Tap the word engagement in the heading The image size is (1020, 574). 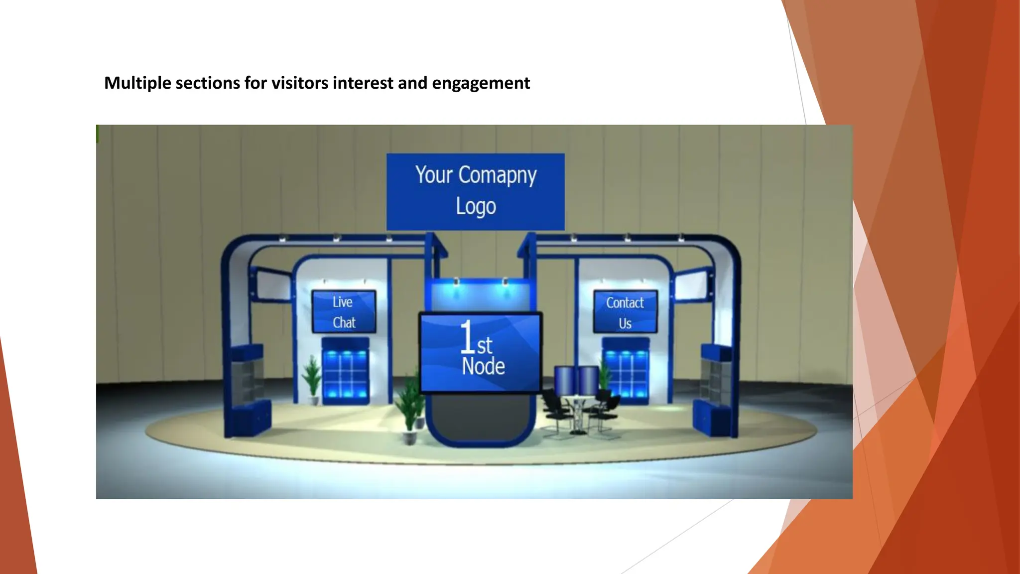pos(481,83)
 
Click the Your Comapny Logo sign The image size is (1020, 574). pos(476,191)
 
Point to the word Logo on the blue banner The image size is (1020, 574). pos(476,206)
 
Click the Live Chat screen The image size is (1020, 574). pos(344,312)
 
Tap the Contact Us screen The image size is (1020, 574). pos(625,312)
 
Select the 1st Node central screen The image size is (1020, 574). pos(481,352)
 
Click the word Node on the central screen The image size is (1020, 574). pos(483,367)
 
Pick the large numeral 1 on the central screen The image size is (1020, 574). pos(467,337)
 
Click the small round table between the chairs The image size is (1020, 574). pos(578,414)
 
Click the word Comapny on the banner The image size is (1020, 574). pos(497,175)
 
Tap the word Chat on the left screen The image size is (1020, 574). pos(344,323)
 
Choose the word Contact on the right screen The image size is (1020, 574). pos(625,302)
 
